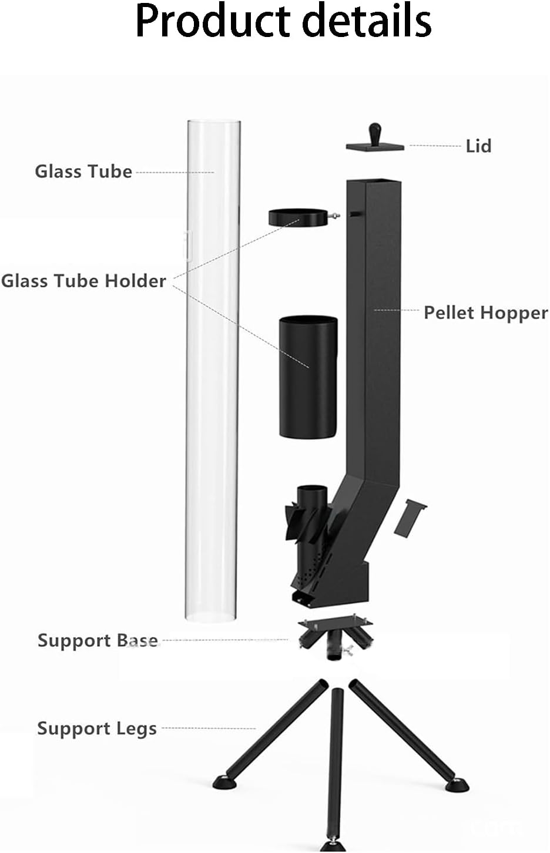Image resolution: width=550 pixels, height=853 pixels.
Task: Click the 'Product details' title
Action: (284, 21)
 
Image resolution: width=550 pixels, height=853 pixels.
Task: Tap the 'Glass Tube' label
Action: (83, 171)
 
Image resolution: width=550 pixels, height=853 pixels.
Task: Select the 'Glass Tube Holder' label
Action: (83, 281)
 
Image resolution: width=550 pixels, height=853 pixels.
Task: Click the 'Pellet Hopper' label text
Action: (485, 312)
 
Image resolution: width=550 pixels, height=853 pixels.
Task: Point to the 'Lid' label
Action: (478, 146)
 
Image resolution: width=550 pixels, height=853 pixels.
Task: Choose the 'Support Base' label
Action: (98, 640)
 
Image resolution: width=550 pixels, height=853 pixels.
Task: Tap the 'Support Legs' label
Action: (97, 728)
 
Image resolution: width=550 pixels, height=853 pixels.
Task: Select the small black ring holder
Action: (300, 217)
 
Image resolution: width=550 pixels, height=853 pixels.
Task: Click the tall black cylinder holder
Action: (307, 376)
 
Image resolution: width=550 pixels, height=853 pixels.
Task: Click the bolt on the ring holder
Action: (336, 216)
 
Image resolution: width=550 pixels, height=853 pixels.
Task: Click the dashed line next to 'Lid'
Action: (435, 145)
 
